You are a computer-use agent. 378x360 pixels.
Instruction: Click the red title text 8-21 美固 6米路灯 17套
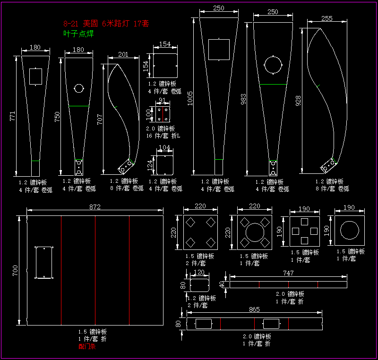click(106, 23)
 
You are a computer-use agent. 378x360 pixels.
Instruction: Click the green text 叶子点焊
click(78, 34)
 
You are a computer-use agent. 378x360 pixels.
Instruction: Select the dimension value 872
click(95, 207)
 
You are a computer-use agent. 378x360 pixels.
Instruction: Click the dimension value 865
click(254, 310)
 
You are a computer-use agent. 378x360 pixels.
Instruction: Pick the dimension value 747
click(288, 273)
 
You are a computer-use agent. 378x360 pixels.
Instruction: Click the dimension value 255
click(327, 18)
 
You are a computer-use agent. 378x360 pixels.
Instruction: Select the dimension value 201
click(123, 55)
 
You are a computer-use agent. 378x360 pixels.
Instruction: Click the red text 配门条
click(87, 346)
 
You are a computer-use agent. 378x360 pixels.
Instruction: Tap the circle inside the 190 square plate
click(350, 231)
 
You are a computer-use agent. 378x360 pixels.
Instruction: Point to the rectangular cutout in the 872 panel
click(44, 262)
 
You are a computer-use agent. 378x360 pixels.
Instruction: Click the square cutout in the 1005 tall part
click(219, 50)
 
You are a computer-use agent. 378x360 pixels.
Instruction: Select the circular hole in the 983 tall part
click(273, 65)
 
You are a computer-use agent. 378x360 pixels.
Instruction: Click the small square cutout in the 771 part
click(35, 76)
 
